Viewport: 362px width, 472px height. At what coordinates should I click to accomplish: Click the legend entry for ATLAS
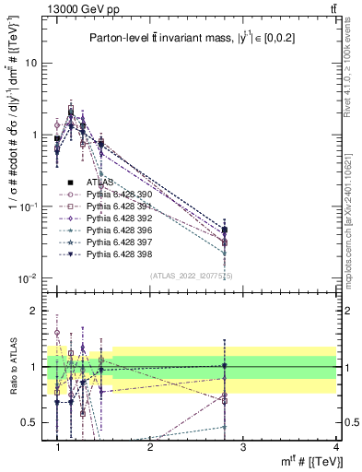101,183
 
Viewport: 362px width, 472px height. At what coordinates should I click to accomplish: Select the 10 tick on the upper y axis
34,64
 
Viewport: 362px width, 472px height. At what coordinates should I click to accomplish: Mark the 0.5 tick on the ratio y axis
32,422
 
